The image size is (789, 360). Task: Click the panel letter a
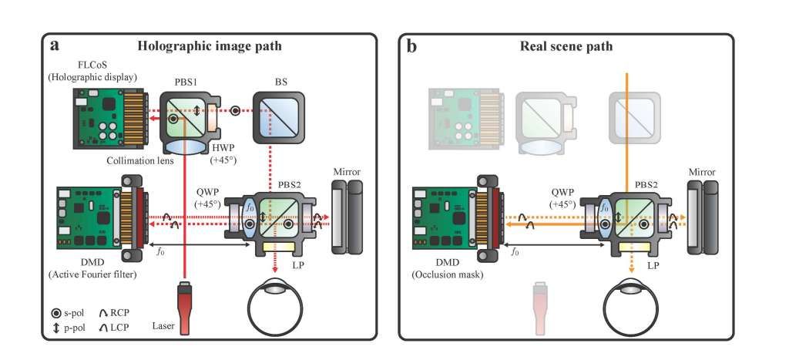[x=55, y=45]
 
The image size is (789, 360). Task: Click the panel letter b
[x=412, y=45]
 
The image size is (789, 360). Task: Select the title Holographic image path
[x=210, y=45]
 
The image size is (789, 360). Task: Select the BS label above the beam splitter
[x=272, y=80]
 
